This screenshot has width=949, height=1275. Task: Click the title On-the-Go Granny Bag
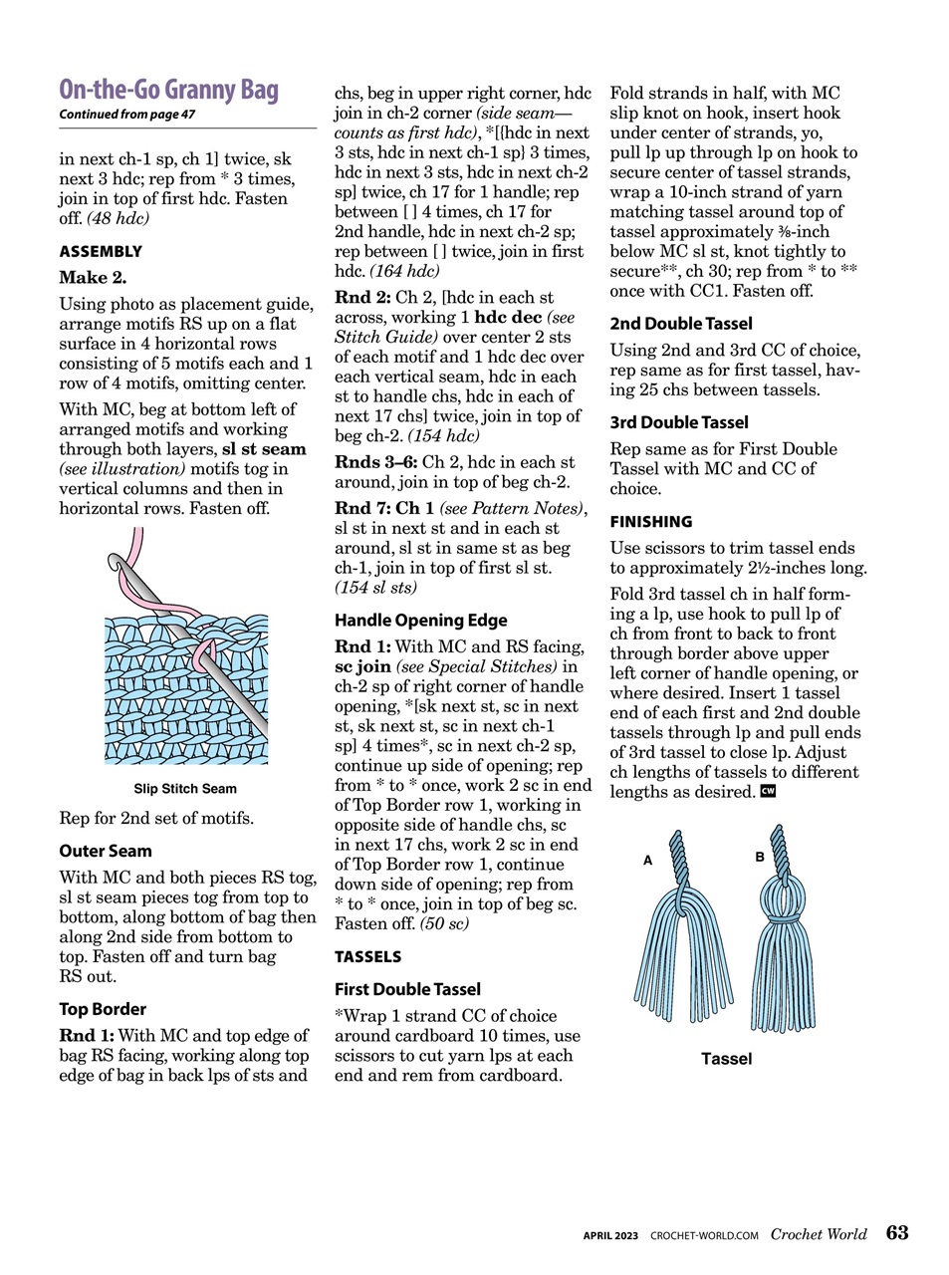pos(168,90)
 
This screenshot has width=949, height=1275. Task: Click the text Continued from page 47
pos(126,115)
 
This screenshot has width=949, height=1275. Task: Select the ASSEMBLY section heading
pos(101,251)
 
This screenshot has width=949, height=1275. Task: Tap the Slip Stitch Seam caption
pos(185,789)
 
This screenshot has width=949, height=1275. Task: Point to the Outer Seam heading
pos(106,851)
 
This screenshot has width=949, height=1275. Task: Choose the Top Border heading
pos(103,1009)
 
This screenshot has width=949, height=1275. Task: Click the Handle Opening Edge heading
pos(420,620)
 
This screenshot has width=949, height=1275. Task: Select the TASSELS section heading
pos(367,956)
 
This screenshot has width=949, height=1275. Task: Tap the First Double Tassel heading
pos(407,989)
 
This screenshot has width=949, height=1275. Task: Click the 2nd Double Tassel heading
pos(681,324)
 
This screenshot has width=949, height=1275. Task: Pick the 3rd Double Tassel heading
pos(679,422)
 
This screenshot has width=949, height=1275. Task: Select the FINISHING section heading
pos(651,521)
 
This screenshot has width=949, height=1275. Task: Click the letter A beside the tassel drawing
pos(647,860)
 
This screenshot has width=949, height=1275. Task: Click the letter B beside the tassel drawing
pos(760,857)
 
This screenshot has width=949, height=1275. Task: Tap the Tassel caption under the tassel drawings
pos(726,1059)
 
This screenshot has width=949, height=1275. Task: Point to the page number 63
pos(897,1233)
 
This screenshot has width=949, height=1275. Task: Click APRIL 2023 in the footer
pos(610,1235)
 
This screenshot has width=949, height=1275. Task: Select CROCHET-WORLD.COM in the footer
pos(704,1235)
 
